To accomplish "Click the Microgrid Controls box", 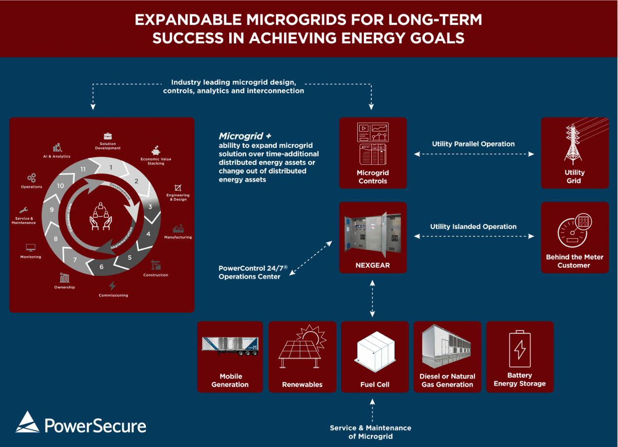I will point(373,153).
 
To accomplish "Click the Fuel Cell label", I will point(375,384).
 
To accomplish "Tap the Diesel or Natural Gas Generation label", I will point(447,380).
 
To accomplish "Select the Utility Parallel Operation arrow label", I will point(473,144).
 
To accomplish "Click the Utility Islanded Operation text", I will point(473,226).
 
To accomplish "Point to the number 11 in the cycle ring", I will point(83,169).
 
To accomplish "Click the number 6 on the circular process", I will point(101,267).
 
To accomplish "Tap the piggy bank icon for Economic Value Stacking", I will point(156,150).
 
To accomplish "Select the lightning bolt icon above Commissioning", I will point(113,286).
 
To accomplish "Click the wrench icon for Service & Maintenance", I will point(23,210).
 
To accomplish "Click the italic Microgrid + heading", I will point(245,136).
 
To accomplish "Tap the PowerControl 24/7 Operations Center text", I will point(249,272).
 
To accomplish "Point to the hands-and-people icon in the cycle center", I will point(101,216).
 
